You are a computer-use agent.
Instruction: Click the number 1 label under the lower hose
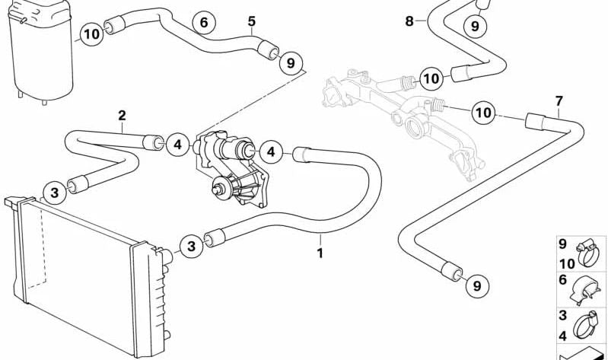click(320, 253)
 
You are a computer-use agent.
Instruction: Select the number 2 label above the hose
click(122, 116)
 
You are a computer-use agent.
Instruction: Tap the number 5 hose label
click(252, 21)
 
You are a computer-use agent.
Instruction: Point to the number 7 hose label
click(559, 100)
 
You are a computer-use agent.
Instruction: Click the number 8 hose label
click(409, 21)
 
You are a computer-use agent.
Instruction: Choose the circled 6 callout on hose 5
click(204, 24)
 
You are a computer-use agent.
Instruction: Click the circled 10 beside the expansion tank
click(91, 34)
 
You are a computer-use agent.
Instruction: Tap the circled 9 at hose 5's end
click(290, 62)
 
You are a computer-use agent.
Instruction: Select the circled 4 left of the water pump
click(177, 143)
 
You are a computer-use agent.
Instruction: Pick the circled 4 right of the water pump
click(271, 153)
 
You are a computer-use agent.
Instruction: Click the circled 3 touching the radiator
click(192, 245)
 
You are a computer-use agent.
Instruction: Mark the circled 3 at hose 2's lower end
click(55, 193)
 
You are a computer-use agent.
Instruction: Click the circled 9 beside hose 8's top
click(475, 27)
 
